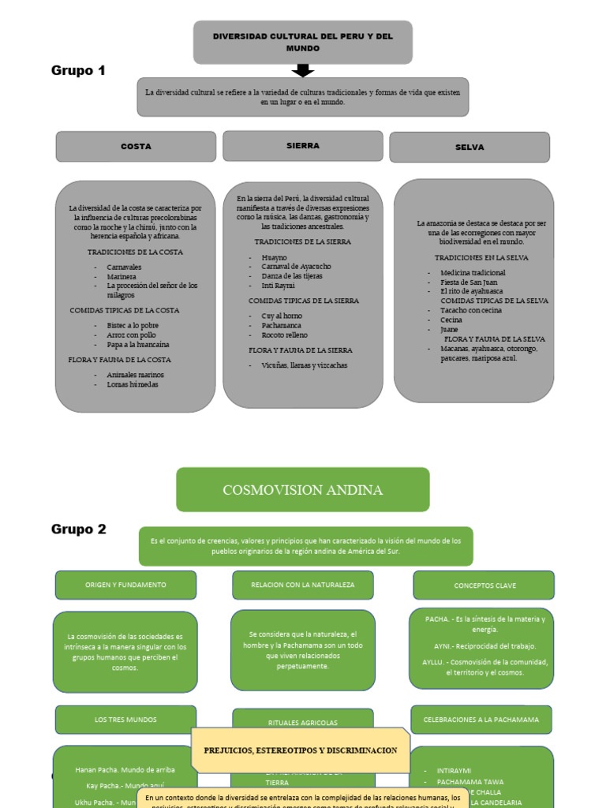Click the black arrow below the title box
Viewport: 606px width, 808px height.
tap(302, 71)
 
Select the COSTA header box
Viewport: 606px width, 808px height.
tap(136, 146)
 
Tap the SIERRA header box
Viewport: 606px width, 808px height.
tap(303, 146)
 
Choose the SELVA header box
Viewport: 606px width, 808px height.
tap(469, 147)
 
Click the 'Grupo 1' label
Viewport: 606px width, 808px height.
tap(78, 71)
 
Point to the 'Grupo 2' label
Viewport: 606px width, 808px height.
tap(79, 529)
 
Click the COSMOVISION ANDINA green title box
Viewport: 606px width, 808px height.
tap(303, 490)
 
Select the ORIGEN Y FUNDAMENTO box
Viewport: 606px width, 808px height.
tap(125, 585)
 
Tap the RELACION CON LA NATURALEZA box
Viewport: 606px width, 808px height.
tap(303, 585)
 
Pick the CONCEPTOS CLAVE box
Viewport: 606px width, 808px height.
tap(484, 585)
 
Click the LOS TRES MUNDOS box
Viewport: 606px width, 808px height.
tap(125, 720)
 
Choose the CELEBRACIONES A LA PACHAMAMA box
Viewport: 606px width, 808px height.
tap(481, 720)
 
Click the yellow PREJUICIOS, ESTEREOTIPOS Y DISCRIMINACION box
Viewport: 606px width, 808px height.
tap(301, 750)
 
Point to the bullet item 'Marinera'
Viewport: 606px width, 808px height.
tap(122, 277)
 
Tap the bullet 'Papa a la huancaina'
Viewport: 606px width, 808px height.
tap(138, 345)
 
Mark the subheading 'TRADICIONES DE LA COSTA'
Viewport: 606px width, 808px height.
tap(135, 252)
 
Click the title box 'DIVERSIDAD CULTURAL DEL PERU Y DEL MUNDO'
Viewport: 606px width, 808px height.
tap(303, 43)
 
